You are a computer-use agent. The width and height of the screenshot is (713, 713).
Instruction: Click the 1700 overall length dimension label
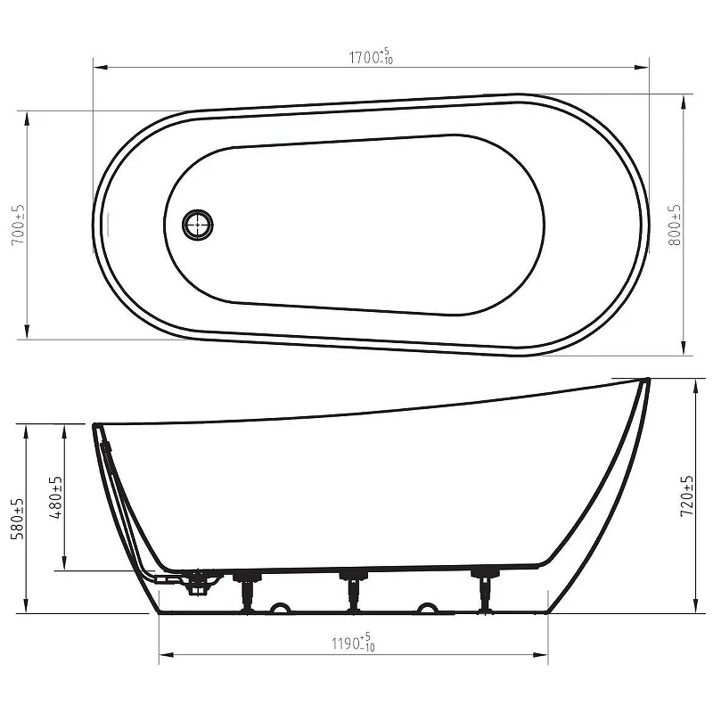pyautogui.click(x=371, y=56)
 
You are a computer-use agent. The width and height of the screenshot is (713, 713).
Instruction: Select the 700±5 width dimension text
pyautogui.click(x=19, y=225)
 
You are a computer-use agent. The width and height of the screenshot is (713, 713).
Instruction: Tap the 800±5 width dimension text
pyautogui.click(x=675, y=225)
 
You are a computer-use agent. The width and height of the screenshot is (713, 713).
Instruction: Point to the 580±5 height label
pyautogui.click(x=19, y=519)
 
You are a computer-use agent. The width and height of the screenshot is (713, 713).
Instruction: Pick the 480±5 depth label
pyautogui.click(x=56, y=497)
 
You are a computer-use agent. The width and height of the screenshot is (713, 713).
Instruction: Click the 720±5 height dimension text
pyautogui.click(x=686, y=496)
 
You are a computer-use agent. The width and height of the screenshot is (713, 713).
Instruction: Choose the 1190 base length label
pyautogui.click(x=353, y=643)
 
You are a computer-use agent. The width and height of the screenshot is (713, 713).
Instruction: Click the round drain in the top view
pyautogui.click(x=198, y=225)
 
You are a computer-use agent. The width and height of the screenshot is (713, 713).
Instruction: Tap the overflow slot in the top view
pyautogui.click(x=109, y=225)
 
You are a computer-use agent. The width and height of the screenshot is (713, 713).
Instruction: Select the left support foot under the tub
pyautogui.click(x=248, y=592)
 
